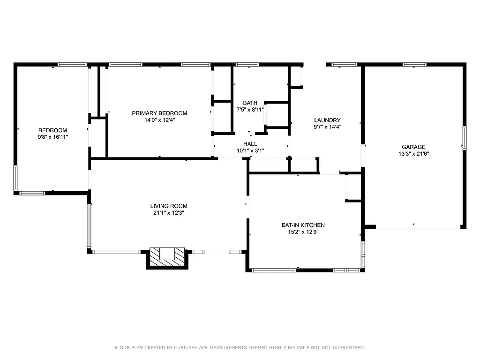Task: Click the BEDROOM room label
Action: [x=52, y=130]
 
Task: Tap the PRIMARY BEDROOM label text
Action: [x=159, y=113]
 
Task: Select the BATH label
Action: [x=250, y=103]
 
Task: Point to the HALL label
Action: [x=250, y=144]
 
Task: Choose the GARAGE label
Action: [x=413, y=147]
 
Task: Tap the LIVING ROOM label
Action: [x=169, y=206]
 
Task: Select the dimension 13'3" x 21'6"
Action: [x=413, y=153]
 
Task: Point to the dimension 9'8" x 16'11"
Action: [x=52, y=137]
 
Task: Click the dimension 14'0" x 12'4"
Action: [x=159, y=120]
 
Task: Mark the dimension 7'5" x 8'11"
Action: [x=250, y=110]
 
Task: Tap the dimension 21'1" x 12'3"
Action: [x=169, y=212]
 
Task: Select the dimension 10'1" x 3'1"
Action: [x=250, y=150]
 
